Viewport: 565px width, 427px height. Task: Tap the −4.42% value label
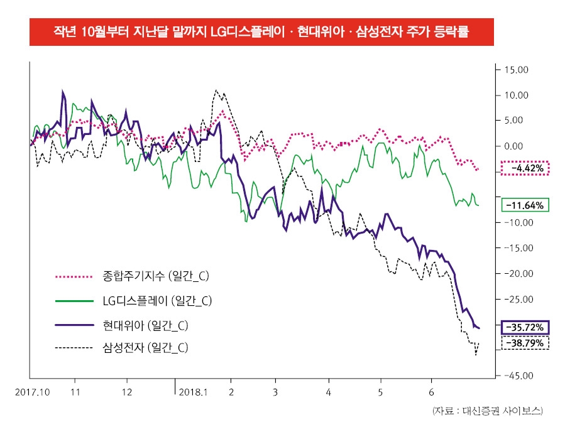pyautogui.click(x=525, y=168)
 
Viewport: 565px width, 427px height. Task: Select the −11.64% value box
pyautogui.click(x=525, y=205)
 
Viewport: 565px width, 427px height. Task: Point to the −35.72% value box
pyautogui.click(x=525, y=327)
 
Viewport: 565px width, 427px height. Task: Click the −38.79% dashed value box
pyautogui.click(x=525, y=343)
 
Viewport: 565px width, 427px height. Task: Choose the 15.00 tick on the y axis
pyautogui.click(x=517, y=70)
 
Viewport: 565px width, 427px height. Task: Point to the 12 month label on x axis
pyautogui.click(x=127, y=392)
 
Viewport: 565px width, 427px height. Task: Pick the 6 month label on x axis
pyautogui.click(x=432, y=392)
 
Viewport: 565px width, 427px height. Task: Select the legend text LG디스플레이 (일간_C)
pyautogui.click(x=156, y=301)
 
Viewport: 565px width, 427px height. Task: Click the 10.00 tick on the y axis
pyautogui.click(x=517, y=95)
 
